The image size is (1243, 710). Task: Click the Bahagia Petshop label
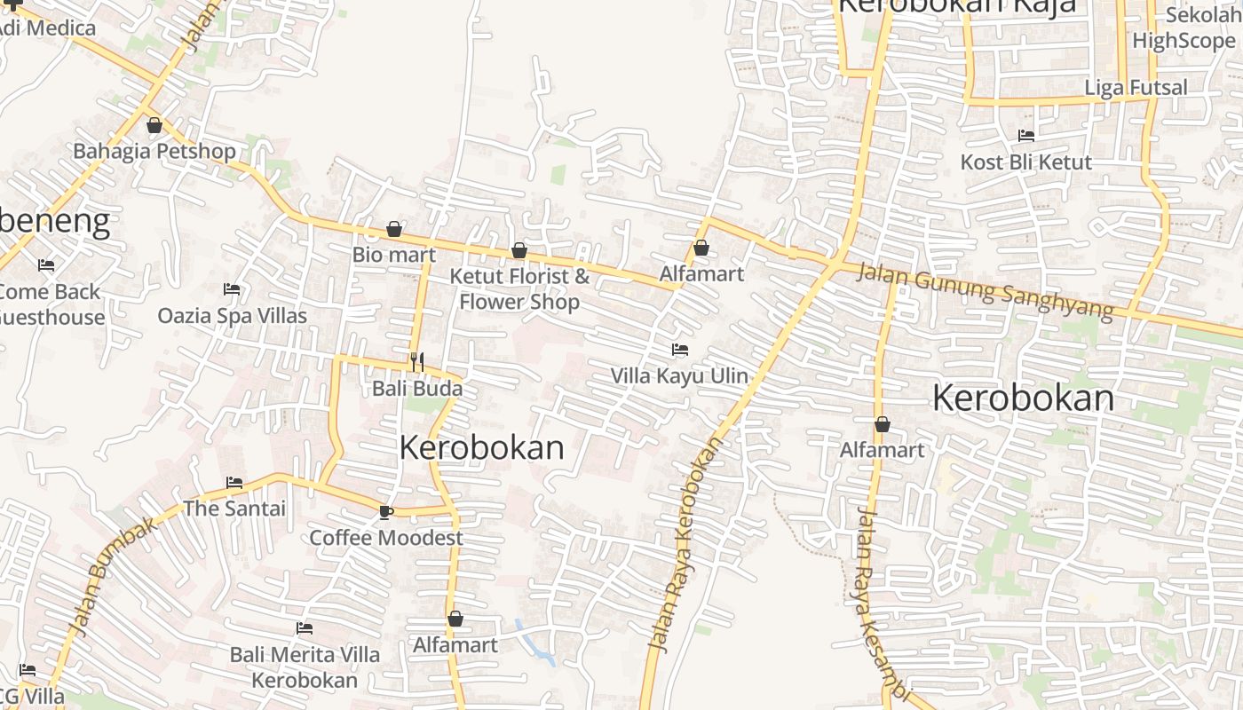click(154, 151)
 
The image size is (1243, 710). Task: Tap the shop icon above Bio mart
click(394, 230)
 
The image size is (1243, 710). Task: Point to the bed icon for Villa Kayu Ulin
click(680, 350)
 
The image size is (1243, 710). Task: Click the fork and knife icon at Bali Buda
click(416, 361)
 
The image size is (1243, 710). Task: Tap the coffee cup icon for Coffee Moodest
click(385, 512)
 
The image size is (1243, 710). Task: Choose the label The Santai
click(234, 509)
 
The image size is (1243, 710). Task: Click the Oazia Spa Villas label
click(232, 316)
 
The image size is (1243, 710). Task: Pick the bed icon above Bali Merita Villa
click(305, 628)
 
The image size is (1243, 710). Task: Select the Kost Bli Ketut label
click(1026, 162)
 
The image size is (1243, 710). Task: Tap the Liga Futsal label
click(1136, 88)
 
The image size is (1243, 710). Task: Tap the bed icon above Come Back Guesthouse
click(46, 265)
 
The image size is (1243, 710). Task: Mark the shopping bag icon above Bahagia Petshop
click(154, 126)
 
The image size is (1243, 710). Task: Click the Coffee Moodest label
click(385, 538)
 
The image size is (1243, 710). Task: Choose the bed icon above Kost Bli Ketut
click(1026, 136)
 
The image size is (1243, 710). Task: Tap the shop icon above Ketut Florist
click(519, 251)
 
